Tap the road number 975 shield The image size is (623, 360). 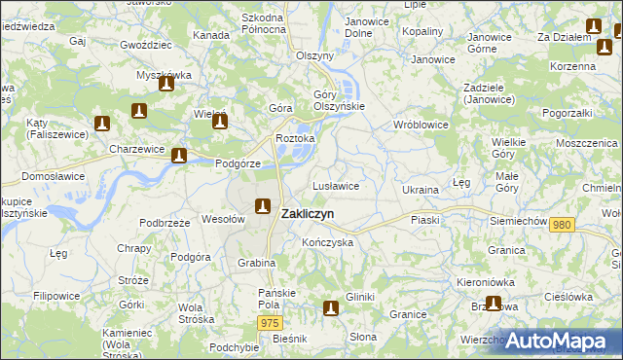271,322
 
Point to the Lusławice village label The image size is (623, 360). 337,185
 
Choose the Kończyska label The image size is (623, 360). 327,242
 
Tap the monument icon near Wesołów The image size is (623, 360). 262,205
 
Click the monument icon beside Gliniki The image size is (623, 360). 331,308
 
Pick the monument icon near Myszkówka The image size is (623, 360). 166,84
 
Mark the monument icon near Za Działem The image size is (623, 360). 594,27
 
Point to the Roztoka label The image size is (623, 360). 296,138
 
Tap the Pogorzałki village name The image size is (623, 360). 568,114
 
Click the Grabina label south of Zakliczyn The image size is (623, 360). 257,263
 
